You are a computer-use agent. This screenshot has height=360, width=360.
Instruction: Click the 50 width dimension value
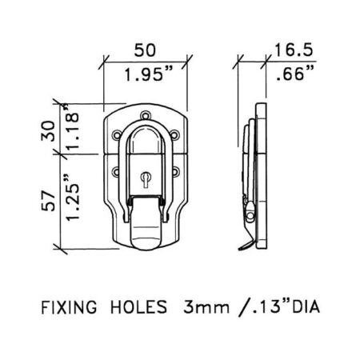[145, 50]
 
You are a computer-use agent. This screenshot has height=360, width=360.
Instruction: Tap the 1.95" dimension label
[148, 74]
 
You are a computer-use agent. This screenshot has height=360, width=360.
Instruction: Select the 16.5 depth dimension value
[293, 50]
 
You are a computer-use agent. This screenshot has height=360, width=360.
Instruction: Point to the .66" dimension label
[295, 73]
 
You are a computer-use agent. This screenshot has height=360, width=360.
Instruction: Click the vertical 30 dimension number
[49, 130]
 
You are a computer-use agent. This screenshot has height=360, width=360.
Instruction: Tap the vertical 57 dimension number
[49, 201]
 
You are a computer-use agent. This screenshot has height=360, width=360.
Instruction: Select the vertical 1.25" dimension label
[72, 198]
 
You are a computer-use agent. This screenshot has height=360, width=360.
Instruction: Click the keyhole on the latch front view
[146, 178]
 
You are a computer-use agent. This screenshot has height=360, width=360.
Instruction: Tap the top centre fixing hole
[146, 116]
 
